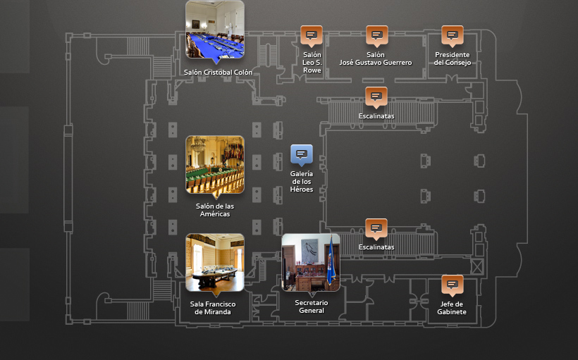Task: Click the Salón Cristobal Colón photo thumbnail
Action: [x=215, y=30]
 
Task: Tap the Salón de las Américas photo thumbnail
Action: [x=215, y=165]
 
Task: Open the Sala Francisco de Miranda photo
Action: [x=215, y=262]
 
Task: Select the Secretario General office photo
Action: [x=311, y=262]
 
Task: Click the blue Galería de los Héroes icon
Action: [x=302, y=155]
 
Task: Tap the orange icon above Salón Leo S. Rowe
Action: [x=312, y=36]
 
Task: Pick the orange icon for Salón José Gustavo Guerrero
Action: [x=376, y=36]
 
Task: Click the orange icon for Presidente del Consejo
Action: [x=453, y=36]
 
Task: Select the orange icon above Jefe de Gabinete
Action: [x=453, y=285]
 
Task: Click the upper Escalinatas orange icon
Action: [x=376, y=97]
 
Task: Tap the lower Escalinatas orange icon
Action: [x=376, y=229]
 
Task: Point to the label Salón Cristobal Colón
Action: [x=219, y=73]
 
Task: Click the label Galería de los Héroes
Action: [x=302, y=182]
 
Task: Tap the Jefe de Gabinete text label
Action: [x=452, y=308]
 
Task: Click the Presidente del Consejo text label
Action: [x=453, y=58]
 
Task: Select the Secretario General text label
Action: [x=312, y=306]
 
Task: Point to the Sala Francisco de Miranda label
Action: [x=213, y=308]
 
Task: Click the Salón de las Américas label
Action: [x=215, y=210]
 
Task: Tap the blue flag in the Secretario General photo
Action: [x=331, y=261]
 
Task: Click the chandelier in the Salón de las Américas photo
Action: [x=198, y=144]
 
